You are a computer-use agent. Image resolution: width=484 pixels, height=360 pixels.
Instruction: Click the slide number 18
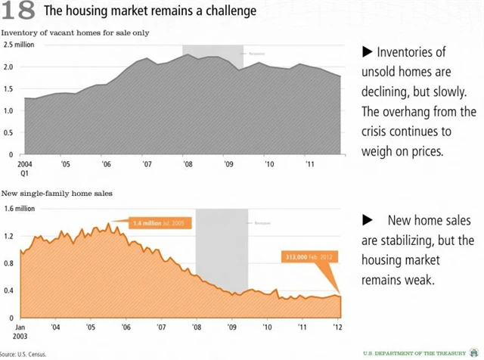click(x=18, y=11)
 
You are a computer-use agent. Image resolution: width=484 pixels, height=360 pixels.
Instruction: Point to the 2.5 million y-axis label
click(x=18, y=45)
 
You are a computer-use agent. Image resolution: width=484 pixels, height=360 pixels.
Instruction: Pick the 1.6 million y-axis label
click(x=19, y=208)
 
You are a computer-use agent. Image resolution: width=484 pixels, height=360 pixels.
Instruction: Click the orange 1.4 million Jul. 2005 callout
click(x=159, y=223)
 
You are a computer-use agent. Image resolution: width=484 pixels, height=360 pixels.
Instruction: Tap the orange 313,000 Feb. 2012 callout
click(x=308, y=256)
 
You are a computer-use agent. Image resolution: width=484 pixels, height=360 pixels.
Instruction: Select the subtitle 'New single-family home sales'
click(x=57, y=194)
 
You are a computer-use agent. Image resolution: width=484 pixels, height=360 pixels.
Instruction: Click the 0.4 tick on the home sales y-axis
click(x=9, y=290)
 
